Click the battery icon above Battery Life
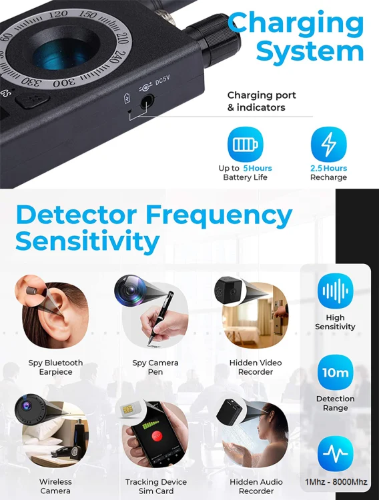pos(246,145)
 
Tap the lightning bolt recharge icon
pos(328,145)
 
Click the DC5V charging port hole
pos(145,102)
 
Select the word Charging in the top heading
pos(296,22)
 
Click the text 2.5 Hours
pos(328,169)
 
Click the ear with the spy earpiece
pos(56,314)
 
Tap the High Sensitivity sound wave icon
pos(335,291)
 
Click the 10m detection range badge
pos(335,373)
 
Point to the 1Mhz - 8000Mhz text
pos(336,482)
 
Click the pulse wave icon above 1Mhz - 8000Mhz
pos(335,453)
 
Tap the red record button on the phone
pos(158,437)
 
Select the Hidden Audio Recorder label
pos(256,486)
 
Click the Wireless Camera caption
pos(55,486)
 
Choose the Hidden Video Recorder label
pos(256,367)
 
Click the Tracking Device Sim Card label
pos(156,486)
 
